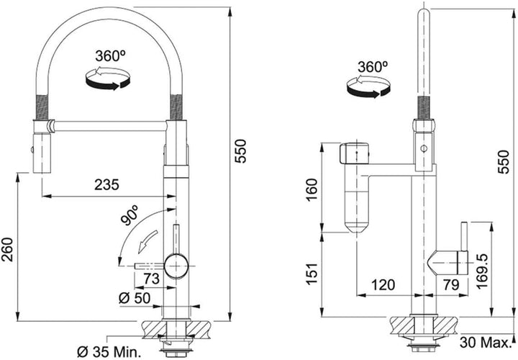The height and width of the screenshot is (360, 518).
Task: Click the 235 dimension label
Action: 106,185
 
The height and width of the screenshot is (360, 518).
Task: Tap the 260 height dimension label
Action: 7,250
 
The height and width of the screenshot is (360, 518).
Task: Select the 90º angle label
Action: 129,215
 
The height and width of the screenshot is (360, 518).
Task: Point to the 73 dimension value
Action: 151,279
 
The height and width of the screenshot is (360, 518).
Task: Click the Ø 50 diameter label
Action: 135,299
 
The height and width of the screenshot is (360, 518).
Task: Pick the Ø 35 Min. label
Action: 109,352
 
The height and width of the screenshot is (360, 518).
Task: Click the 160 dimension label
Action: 312,190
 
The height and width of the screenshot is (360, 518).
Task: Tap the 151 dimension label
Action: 312,274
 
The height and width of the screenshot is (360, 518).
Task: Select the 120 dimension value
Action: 383,284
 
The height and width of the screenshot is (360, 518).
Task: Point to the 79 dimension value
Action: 451,284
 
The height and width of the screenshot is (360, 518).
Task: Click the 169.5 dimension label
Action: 483,271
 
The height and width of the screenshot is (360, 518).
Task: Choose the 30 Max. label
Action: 485,343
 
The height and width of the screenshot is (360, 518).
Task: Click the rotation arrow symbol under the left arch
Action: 108,78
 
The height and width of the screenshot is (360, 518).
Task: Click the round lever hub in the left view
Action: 176,266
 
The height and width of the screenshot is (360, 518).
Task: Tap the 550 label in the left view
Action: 241,151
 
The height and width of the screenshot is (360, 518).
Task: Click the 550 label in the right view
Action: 504,162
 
